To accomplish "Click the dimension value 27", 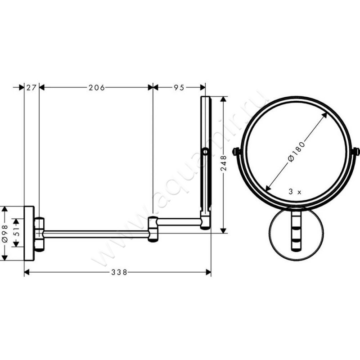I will pyautogui.click(x=31, y=88).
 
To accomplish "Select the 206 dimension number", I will pyautogui.click(x=96, y=88).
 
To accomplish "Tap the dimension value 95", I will pyautogui.click(x=179, y=88).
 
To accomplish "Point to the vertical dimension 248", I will pyautogui.click(x=224, y=164).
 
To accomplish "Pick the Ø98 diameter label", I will pyautogui.click(x=5, y=234).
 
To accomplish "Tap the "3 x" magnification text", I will pyautogui.click(x=295, y=191).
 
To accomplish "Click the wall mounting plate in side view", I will pyautogui.click(x=29, y=233).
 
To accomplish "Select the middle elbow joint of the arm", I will pyautogui.click(x=153, y=228).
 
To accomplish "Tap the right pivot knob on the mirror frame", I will pyautogui.click(x=356, y=152).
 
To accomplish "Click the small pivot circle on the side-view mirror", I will pyautogui.click(x=205, y=152).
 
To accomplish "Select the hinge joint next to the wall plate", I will pyautogui.click(x=40, y=233).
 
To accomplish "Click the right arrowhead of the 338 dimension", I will pyautogui.click(x=208, y=272).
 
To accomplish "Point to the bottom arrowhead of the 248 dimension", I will pyautogui.click(x=224, y=230).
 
